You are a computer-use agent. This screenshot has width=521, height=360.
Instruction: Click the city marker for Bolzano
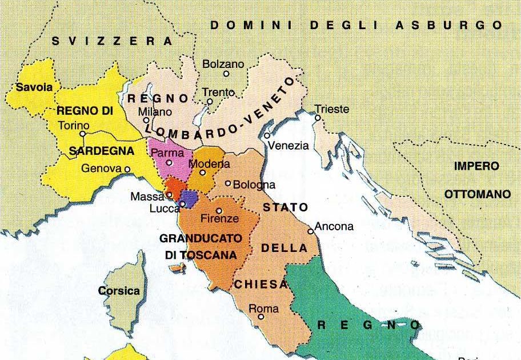point(226,74)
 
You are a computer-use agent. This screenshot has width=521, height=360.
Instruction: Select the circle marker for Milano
point(147,120)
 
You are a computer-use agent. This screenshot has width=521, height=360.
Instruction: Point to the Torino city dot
point(83,134)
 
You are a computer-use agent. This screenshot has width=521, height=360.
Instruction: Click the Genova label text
point(101,169)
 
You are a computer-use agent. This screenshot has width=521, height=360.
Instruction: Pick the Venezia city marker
point(267,135)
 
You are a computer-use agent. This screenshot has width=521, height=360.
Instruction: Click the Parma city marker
point(169,163)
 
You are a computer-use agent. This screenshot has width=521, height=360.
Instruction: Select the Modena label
point(205,163)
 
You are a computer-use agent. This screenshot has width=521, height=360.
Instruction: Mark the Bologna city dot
point(228,183)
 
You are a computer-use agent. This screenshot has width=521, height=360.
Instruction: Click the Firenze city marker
point(219,210)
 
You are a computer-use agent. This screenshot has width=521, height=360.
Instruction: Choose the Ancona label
point(334,226)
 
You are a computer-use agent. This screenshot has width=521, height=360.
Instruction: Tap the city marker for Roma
point(260,317)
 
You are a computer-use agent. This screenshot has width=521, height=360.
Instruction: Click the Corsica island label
point(119,291)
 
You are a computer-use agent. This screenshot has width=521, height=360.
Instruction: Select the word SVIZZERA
point(112,41)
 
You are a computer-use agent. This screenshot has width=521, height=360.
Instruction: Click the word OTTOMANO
point(478,194)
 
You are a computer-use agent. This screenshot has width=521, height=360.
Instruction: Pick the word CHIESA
point(260,285)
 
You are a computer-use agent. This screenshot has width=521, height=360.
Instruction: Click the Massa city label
point(147,197)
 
